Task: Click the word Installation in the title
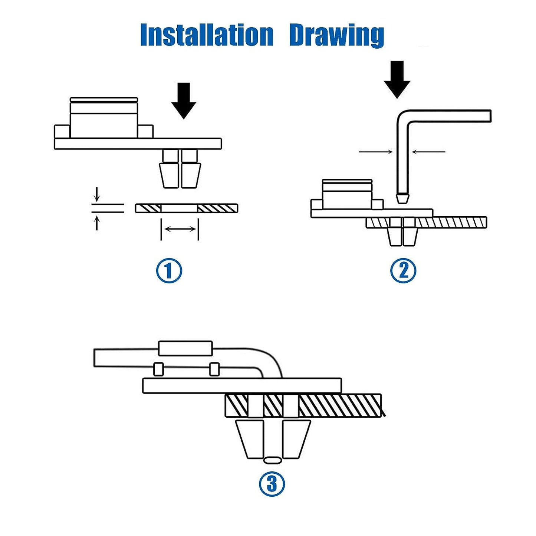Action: [x=207, y=35]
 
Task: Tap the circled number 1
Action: [x=169, y=270]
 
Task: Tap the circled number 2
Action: [x=403, y=270]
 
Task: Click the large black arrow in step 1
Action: [x=184, y=101]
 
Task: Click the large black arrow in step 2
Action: [x=397, y=79]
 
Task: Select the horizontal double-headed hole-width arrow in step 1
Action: [x=180, y=229]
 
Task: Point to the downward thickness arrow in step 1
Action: [x=97, y=194]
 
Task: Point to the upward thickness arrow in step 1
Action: [x=97, y=223]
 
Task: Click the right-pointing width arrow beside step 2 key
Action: [x=376, y=152]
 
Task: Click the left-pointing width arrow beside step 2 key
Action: [x=429, y=152]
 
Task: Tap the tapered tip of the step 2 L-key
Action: [x=402, y=198]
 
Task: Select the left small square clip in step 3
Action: [x=158, y=369]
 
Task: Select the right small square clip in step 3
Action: [x=214, y=369]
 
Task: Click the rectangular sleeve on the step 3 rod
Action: [x=185, y=348]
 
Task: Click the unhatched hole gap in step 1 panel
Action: [x=180, y=208]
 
